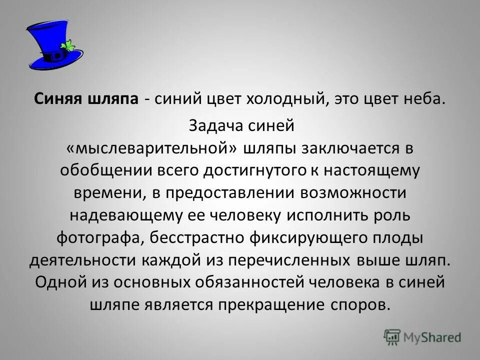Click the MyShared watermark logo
tap(422, 336)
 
